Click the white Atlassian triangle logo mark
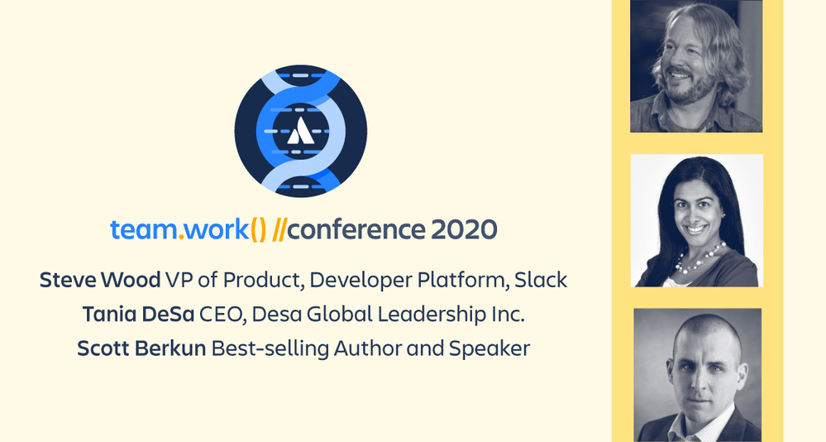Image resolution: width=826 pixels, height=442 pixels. pyautogui.click(x=301, y=131)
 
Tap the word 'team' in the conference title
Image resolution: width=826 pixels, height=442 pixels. pyautogui.click(x=144, y=230)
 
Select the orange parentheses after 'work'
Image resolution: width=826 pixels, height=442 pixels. pyautogui.click(x=258, y=230)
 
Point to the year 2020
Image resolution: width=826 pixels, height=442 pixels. pyautogui.click(x=464, y=230)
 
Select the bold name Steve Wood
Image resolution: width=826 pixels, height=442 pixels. pyautogui.click(x=100, y=280)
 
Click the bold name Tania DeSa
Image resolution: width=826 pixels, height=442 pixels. pyautogui.click(x=139, y=315)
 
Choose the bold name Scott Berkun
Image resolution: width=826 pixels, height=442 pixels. pyautogui.click(x=141, y=348)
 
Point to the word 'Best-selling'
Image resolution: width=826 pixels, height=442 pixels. pyautogui.click(x=270, y=349)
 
